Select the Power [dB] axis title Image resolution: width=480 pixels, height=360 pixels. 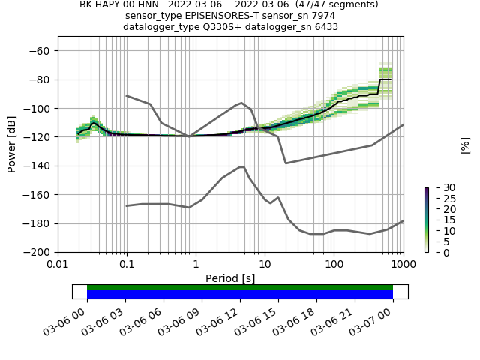tap(12, 144)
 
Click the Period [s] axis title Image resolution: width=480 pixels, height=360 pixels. tap(230, 278)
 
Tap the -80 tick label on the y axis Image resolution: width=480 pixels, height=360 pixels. tap(41, 79)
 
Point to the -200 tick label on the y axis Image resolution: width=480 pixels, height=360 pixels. tap(38, 252)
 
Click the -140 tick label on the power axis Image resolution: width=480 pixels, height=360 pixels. tap(38, 166)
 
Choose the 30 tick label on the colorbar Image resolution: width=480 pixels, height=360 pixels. tap(439, 187)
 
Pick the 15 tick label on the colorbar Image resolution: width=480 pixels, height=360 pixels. tap(439, 220)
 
